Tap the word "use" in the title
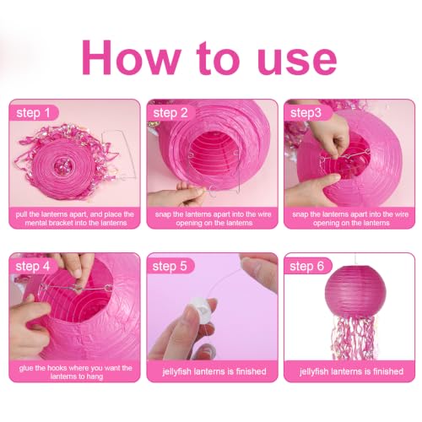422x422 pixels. [297, 62]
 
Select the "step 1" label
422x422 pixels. [33, 113]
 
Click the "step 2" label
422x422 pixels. [170, 113]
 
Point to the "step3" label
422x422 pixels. [306, 113]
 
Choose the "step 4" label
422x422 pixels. [33, 267]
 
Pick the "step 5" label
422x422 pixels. [170, 267]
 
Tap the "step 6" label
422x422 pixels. [307, 267]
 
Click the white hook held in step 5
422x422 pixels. [201, 307]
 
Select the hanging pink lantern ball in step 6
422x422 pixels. [355, 290]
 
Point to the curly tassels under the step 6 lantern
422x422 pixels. [353, 337]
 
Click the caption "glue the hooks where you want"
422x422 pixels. [76, 368]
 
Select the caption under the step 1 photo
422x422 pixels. [75, 219]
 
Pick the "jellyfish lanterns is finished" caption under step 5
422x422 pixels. [214, 371]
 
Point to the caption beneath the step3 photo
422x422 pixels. [350, 219]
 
